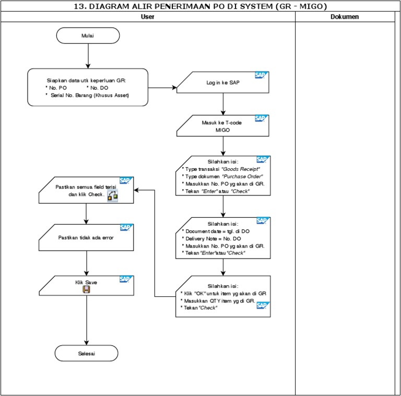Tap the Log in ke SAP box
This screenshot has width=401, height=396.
(223, 83)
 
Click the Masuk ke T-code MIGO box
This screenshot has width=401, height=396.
(223, 126)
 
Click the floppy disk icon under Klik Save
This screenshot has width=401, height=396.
(87, 289)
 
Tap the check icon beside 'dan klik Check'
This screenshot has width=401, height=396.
(112, 195)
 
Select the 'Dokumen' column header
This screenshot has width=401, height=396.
(345, 17)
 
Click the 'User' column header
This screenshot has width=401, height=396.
(148, 17)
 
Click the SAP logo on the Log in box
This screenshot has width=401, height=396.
(261, 75)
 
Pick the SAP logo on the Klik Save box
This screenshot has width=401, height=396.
(125, 279)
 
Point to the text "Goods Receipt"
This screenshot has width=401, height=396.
(241, 169)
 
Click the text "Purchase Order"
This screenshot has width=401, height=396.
(243, 177)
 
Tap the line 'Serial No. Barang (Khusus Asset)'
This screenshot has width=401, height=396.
(90, 96)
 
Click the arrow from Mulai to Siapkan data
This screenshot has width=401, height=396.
(88, 56)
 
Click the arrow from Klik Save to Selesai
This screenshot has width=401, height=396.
(86, 321)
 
